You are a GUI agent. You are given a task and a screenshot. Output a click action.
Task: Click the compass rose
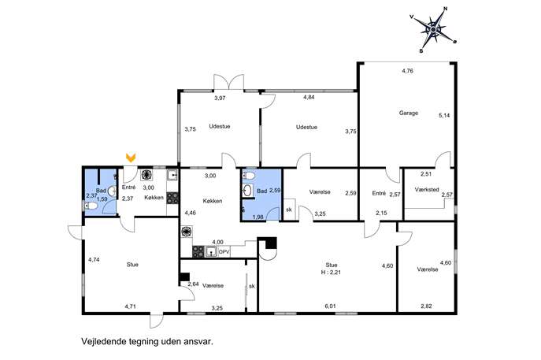(433, 30)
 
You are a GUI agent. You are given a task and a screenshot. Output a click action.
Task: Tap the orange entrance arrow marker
(131, 158)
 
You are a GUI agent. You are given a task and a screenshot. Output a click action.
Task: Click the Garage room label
(409, 113)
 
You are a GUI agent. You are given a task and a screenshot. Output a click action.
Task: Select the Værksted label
(427, 190)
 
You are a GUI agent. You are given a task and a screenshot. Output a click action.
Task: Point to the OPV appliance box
(224, 252)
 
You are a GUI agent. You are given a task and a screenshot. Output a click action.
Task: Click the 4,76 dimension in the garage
(407, 71)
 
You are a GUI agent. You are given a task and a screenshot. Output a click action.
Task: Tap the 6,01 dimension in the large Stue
(330, 306)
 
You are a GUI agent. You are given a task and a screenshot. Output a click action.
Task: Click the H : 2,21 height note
(332, 273)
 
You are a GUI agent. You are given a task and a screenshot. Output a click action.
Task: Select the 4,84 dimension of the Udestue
(309, 98)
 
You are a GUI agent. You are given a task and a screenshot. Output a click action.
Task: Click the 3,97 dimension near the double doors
(220, 98)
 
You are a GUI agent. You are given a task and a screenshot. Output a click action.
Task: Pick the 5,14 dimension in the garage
(444, 116)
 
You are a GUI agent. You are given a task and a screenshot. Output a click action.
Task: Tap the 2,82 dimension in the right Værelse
(426, 306)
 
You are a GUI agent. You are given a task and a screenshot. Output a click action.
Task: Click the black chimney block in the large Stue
(271, 243)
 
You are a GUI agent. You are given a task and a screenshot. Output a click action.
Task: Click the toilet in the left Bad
(91, 206)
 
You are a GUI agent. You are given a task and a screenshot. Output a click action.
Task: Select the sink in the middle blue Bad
(247, 190)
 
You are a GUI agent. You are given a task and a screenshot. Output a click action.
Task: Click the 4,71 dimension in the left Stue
(131, 306)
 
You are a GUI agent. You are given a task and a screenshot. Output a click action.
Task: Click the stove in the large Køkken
(198, 251)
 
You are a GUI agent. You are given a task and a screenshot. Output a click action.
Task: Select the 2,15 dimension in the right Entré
(381, 213)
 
